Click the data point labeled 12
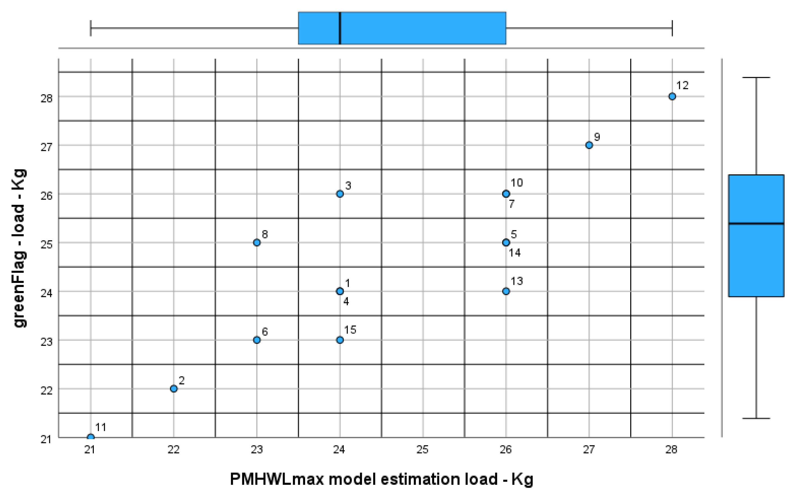(672, 97)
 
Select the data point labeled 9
(589, 145)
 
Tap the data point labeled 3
(340, 194)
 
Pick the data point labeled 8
(257, 243)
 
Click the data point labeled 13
(506, 291)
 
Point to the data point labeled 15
(340, 340)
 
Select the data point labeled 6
(257, 340)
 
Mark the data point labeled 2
(174, 389)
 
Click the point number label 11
(101, 427)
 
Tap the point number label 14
(514, 253)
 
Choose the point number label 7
(511, 204)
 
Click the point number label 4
(346, 301)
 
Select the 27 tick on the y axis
(46, 147)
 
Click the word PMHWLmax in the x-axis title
(277, 479)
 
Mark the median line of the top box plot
(340, 28)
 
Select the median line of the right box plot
(756, 224)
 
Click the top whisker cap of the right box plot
(756, 78)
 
